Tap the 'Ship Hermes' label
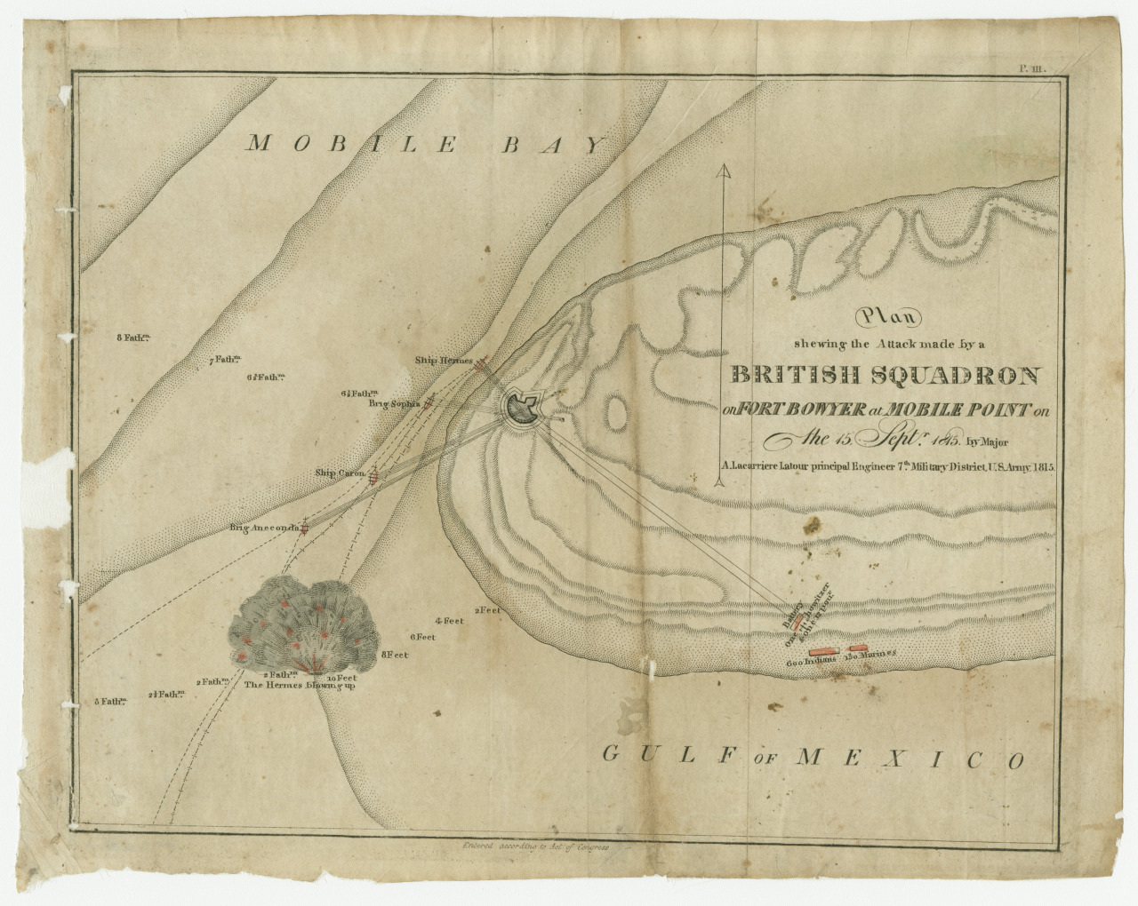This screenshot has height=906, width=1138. [444, 361]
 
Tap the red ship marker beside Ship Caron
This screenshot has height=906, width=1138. [374, 477]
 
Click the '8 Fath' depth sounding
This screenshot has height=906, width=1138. [132, 338]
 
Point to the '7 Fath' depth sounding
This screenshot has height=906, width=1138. [225, 360]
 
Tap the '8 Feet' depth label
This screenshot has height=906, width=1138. [395, 655]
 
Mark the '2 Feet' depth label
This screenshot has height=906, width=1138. [488, 610]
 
